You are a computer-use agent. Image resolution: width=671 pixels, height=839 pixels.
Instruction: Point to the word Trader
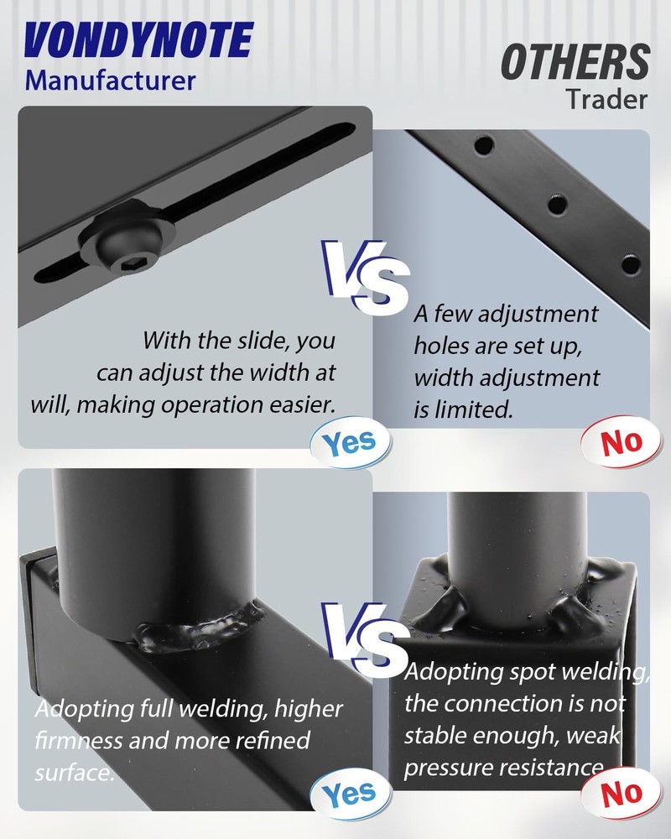(606, 99)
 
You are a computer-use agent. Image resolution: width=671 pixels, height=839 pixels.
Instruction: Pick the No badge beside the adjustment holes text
(622, 442)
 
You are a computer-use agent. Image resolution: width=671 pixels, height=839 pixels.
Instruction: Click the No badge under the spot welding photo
(622, 792)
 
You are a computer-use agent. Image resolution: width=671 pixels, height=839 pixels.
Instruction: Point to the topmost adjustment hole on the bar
(484, 145)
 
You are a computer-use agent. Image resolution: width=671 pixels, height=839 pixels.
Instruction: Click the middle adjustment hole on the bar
(556, 203)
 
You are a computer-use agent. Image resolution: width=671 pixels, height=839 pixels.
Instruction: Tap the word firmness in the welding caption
(79, 742)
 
